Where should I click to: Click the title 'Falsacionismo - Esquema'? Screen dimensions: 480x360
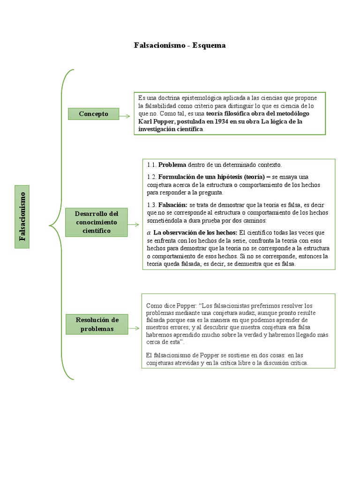(180, 45)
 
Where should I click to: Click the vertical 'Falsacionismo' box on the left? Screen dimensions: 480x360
(22, 216)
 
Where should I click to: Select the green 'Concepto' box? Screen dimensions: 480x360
(93, 114)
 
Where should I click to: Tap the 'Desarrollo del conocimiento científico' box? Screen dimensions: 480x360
(97, 223)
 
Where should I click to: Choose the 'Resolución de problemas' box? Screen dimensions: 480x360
(97, 324)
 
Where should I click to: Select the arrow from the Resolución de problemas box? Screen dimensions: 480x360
(134, 328)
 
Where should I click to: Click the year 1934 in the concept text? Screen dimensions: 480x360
(213, 121)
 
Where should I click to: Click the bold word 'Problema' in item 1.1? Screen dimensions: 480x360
(172, 165)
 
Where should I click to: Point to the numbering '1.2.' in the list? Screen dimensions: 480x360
(151, 177)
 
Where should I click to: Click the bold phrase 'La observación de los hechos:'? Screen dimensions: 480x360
(195, 232)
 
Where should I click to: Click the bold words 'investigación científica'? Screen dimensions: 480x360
(171, 129)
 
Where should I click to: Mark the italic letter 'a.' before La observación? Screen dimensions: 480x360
(149, 232)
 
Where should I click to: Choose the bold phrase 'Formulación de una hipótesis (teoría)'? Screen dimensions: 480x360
(211, 177)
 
